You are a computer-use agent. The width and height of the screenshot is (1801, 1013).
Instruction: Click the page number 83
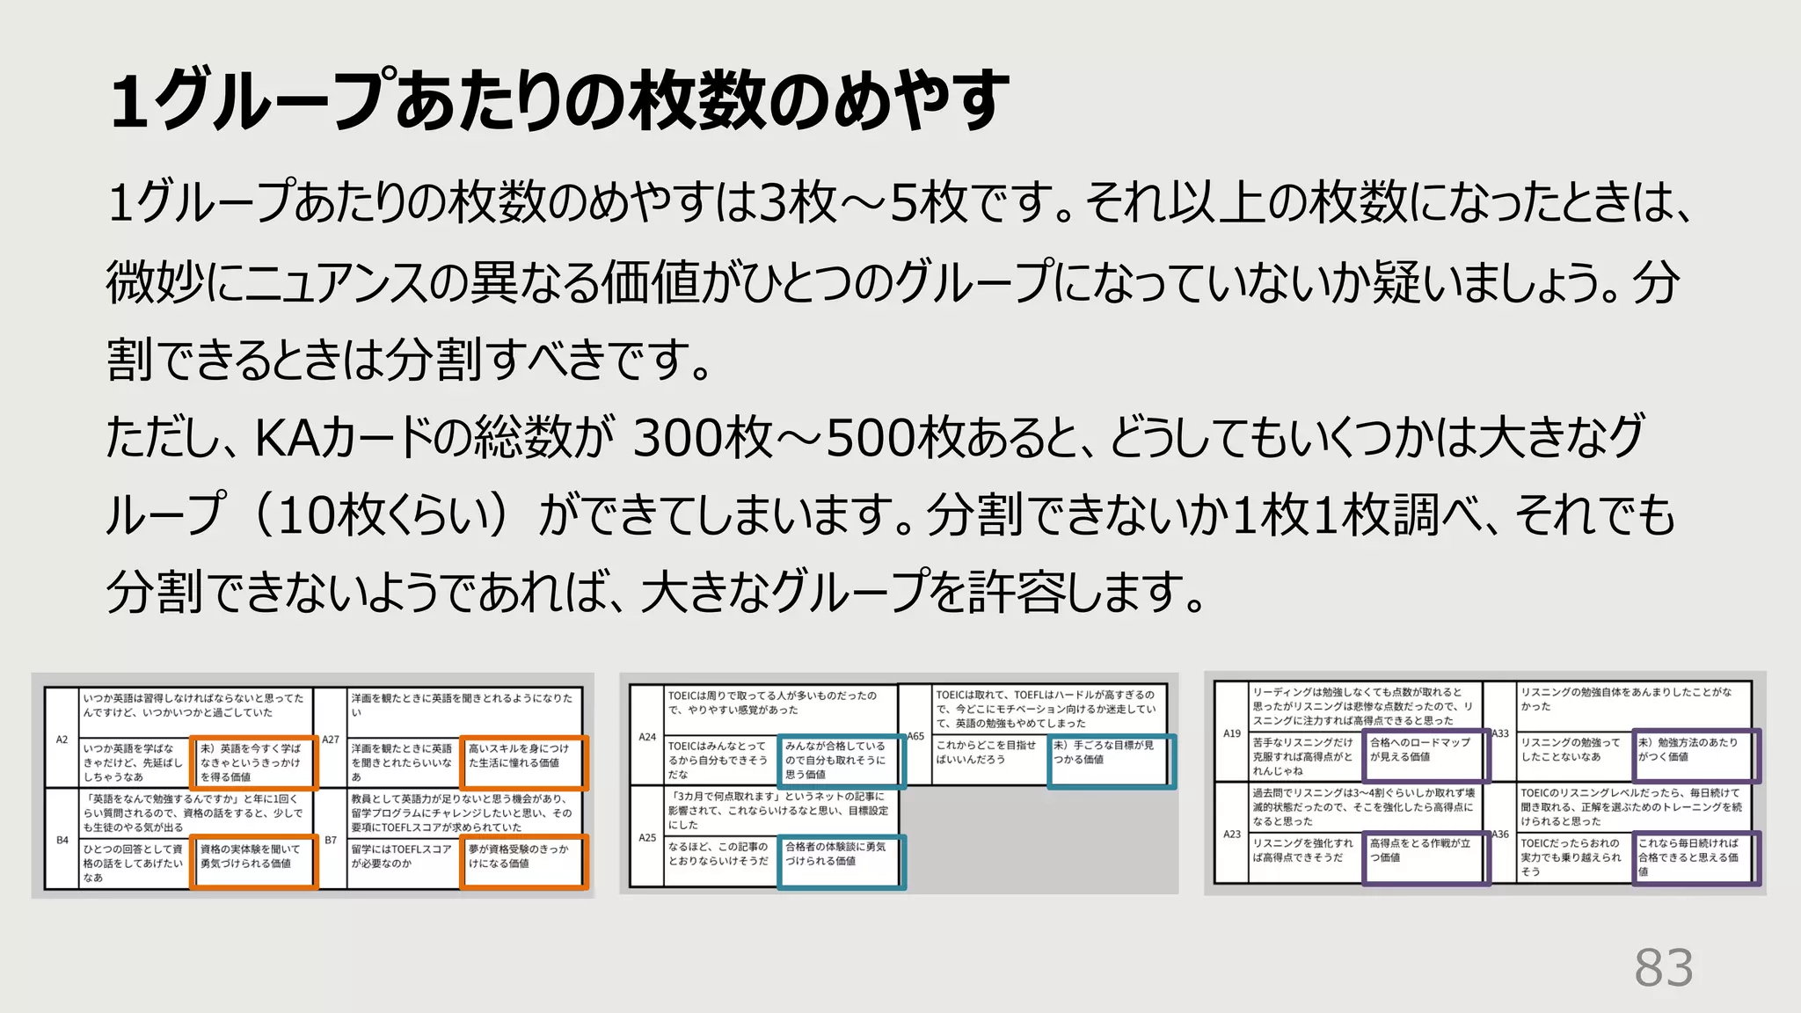click(x=1663, y=968)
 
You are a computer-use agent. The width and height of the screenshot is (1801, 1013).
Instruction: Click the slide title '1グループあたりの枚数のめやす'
click(x=559, y=99)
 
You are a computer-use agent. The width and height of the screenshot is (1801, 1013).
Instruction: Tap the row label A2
click(x=62, y=740)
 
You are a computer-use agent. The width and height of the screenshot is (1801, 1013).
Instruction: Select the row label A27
click(x=331, y=740)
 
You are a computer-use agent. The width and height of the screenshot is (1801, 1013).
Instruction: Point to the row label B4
click(x=62, y=840)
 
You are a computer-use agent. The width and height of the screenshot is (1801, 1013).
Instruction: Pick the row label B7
click(x=331, y=840)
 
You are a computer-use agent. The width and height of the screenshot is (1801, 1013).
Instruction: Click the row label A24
click(x=647, y=737)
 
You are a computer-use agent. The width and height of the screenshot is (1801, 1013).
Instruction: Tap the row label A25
click(x=647, y=838)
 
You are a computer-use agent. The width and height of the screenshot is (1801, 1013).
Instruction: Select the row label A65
click(x=915, y=736)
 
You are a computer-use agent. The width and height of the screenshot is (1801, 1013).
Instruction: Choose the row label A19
click(x=1232, y=732)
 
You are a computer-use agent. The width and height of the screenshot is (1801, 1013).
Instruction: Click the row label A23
click(x=1232, y=834)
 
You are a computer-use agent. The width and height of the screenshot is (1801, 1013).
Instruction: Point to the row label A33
click(x=1500, y=732)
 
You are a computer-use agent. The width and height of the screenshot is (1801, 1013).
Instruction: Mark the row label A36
click(x=1500, y=834)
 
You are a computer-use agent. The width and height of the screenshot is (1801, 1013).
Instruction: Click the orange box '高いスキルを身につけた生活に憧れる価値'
click(x=523, y=762)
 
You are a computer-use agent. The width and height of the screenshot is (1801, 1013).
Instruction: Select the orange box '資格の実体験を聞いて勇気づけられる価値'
click(x=253, y=862)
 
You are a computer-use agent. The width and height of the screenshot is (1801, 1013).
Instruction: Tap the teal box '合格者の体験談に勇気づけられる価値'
click(x=841, y=861)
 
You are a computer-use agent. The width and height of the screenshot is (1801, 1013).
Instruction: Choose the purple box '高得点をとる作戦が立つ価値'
click(x=1425, y=856)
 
